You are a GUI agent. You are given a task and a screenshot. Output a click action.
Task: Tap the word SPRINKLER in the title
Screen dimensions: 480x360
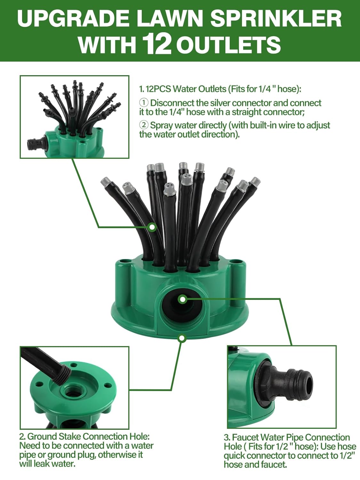tap(276, 18)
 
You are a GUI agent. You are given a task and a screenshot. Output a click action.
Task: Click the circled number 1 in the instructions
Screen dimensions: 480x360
tap(144, 103)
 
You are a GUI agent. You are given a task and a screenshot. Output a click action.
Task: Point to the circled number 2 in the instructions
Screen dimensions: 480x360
tap(144, 125)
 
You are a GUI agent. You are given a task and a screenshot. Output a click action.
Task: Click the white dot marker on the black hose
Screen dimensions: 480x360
tap(153, 227)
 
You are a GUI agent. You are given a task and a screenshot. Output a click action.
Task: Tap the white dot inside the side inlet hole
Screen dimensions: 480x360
tap(182, 299)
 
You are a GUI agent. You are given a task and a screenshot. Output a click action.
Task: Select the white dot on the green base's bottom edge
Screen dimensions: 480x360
tap(182, 338)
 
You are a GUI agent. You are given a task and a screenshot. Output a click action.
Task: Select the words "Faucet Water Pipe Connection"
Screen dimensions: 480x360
tap(291, 437)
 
